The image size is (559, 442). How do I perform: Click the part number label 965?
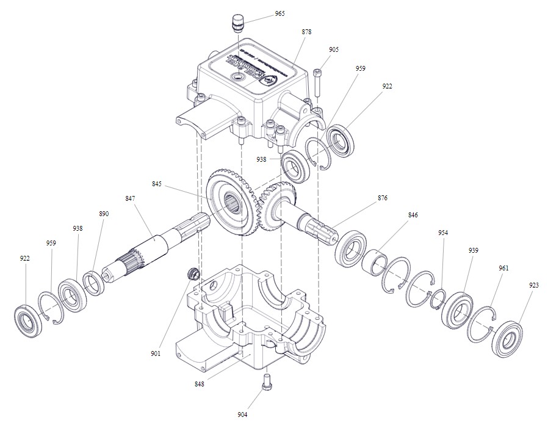click(279, 13)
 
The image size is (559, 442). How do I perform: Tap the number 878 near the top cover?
click(306, 31)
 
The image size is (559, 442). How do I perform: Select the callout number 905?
click(333, 49)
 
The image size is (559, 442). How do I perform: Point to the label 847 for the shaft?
click(130, 198)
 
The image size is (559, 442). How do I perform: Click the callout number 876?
click(383, 198)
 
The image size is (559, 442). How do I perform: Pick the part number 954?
click(443, 233)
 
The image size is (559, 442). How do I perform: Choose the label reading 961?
click(503, 268)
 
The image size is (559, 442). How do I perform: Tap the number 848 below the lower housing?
click(200, 384)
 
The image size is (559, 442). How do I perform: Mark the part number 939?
click(473, 250)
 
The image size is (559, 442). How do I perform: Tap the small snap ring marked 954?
click(438, 299)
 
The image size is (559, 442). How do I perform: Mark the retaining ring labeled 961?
click(480, 324)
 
